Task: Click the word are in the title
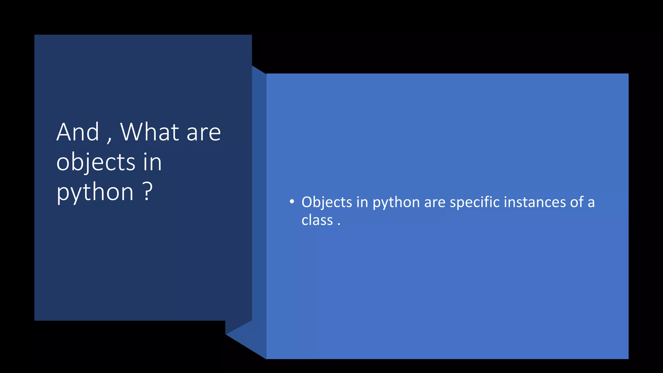pos(204,133)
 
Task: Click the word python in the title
pos(95,193)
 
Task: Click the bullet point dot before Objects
pos(292,202)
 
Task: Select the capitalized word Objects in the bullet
pos(327,202)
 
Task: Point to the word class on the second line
pos(317,220)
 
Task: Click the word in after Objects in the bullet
pos(362,202)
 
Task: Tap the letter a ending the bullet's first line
pos(591,203)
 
